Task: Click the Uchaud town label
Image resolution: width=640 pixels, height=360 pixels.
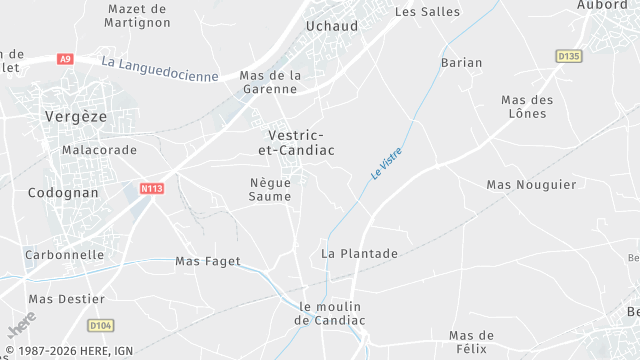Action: (x=331, y=26)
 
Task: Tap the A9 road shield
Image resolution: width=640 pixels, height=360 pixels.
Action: (x=65, y=59)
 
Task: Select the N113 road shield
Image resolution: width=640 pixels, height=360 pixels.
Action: (x=151, y=188)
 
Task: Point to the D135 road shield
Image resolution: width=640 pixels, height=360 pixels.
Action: (x=568, y=56)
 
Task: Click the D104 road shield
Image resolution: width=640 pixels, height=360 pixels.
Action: (x=100, y=325)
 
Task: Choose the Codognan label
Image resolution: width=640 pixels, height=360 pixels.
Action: (x=63, y=192)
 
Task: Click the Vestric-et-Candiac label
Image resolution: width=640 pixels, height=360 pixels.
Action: (x=296, y=142)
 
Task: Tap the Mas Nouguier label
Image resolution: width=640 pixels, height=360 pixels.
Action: (x=531, y=185)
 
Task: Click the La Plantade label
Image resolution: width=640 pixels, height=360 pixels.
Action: (x=359, y=254)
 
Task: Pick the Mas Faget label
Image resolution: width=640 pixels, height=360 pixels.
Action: (x=208, y=261)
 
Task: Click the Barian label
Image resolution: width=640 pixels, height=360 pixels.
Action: (x=461, y=62)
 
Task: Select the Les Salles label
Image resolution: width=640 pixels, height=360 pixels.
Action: (x=427, y=12)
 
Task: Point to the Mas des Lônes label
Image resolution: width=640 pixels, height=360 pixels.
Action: (x=527, y=106)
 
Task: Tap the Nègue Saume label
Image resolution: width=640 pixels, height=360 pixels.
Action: (x=270, y=189)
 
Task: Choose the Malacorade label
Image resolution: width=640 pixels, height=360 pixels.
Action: (x=99, y=149)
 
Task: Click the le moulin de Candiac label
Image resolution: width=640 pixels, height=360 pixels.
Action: (x=330, y=313)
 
